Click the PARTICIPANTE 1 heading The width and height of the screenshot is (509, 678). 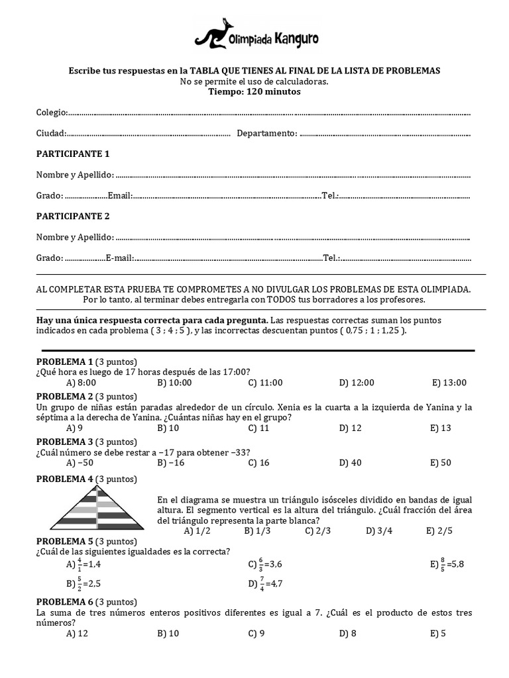pos(73,154)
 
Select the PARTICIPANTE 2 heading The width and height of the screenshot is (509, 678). pos(73,217)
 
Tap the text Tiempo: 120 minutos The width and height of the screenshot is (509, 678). pos(254,92)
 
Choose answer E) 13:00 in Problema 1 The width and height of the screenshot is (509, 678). pos(449,383)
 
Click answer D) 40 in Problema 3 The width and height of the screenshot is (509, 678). pos(351,463)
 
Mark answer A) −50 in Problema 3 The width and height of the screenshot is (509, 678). pos(80,463)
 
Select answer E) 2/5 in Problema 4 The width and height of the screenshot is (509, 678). pos(439,530)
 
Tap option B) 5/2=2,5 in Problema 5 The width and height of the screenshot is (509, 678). pos(84,583)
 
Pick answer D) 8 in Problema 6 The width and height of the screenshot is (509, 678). pos(348,634)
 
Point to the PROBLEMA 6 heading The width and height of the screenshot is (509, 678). pos(64,602)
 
